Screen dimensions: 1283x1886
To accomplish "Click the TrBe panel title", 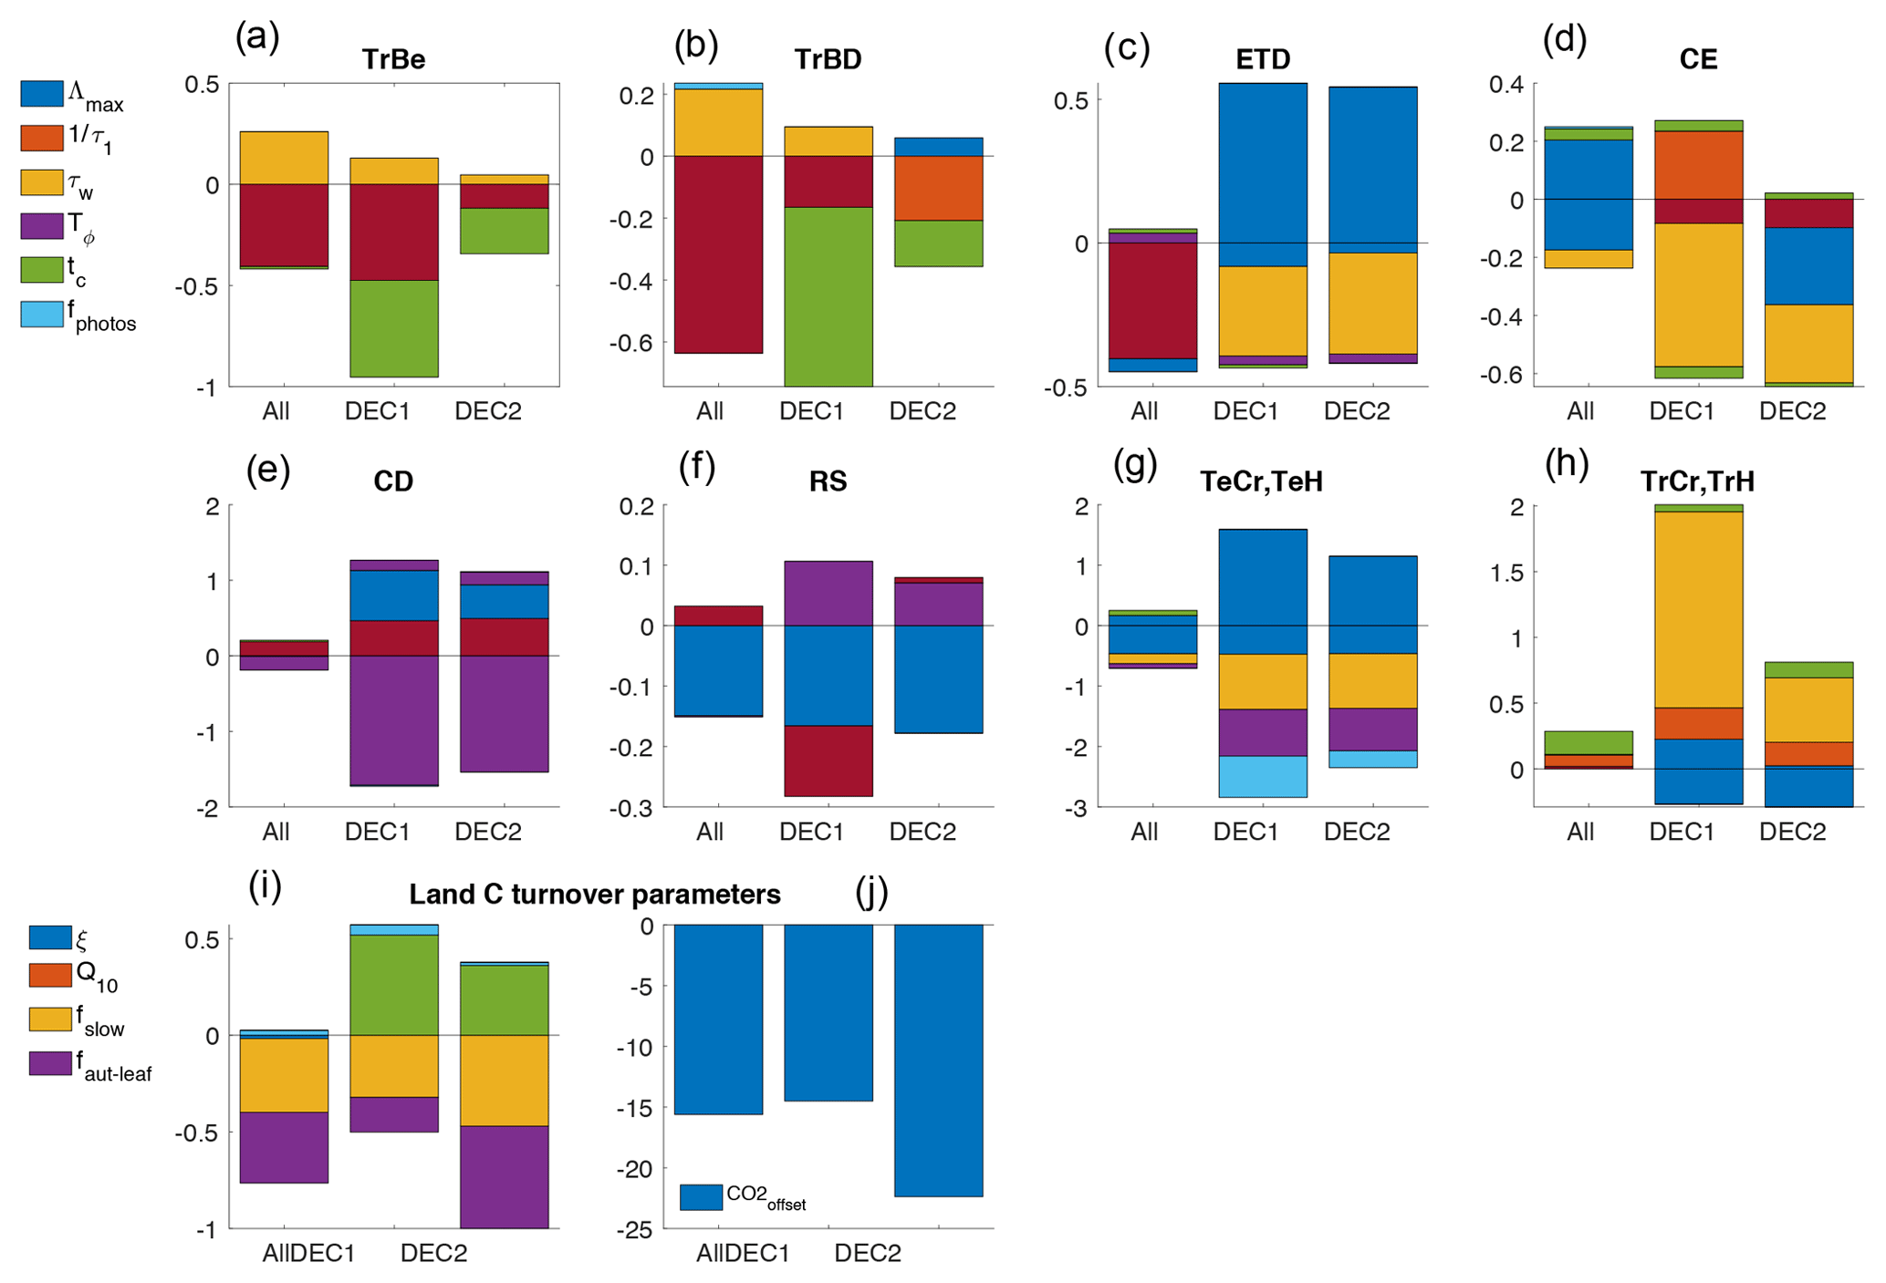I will click(393, 59).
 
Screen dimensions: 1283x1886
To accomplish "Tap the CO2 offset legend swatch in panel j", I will click(701, 1197).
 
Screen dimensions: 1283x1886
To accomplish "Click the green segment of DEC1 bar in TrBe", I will click(394, 328).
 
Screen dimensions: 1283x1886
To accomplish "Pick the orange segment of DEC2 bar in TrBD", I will click(938, 188).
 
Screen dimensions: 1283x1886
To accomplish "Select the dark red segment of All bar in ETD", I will click(1152, 301).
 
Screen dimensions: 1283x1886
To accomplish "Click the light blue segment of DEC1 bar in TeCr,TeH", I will click(1263, 776).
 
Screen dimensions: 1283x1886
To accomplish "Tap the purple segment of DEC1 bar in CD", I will click(394, 720).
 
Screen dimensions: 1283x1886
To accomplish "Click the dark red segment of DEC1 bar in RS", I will click(828, 760).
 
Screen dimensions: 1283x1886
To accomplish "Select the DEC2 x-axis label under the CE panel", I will click(1792, 411).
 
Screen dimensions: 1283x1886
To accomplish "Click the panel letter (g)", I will click(1135, 466).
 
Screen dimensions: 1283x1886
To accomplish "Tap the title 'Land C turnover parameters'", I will click(594, 895).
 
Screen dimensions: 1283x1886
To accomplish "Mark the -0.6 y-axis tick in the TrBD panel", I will click(635, 344).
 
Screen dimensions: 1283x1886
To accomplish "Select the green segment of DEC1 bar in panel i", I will click(394, 985).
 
